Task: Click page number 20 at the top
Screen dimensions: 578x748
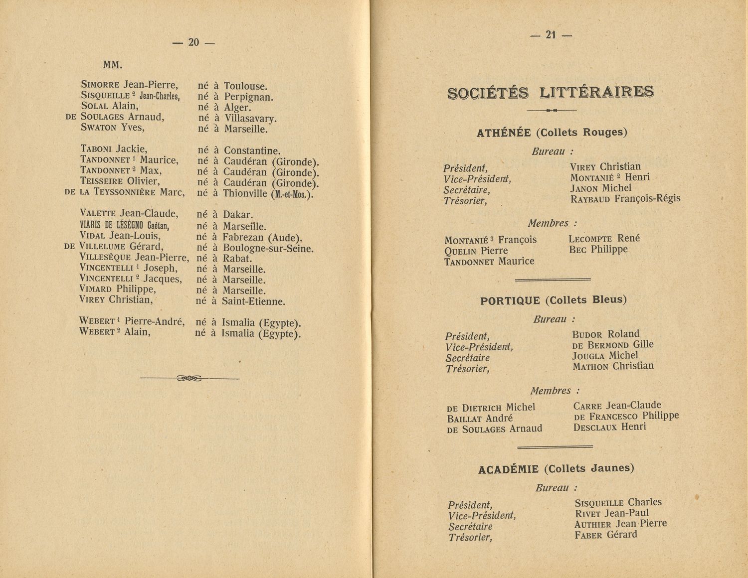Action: pos(193,43)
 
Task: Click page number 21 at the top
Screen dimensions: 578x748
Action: pos(551,35)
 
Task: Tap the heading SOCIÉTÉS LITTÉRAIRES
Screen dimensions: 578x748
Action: pos(550,93)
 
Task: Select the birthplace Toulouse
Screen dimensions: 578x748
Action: pos(246,86)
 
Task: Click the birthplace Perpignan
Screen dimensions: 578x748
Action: pos(248,97)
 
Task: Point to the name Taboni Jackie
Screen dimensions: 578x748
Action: pos(113,149)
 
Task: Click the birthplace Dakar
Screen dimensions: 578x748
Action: pos(238,215)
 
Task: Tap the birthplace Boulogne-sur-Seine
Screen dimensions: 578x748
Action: pos(268,248)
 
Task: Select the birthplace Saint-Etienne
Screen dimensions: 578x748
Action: pos(253,301)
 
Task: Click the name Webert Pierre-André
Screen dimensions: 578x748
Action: pos(132,321)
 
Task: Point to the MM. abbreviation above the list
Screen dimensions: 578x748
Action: pos(113,65)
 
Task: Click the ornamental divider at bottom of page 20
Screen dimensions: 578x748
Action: pos(189,379)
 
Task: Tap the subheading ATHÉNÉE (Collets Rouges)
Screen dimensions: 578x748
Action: pos(552,133)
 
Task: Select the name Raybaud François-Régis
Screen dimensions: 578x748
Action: pos(625,199)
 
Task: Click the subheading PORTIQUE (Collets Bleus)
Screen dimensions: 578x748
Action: pos(553,300)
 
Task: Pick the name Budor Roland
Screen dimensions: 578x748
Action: pos(605,334)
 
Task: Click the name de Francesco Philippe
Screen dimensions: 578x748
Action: pos(626,416)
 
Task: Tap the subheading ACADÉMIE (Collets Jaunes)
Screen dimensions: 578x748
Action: pos(556,469)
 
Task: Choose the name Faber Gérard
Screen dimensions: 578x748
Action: pos(606,535)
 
